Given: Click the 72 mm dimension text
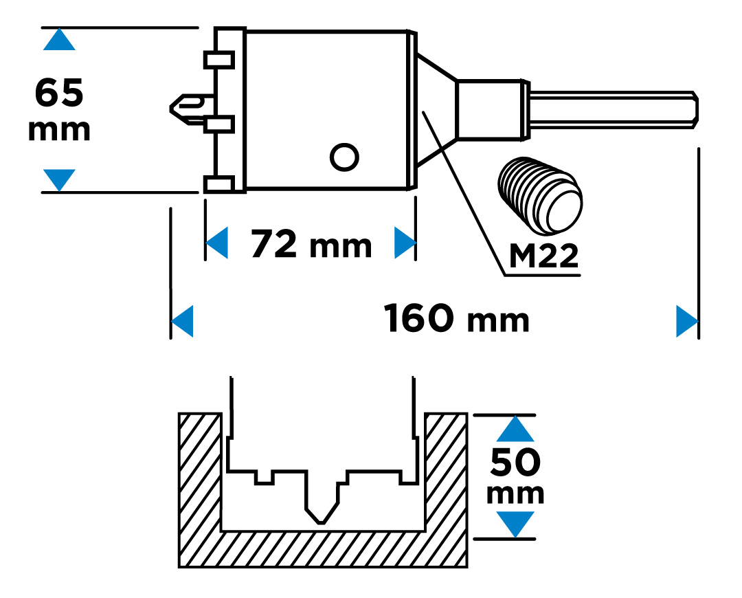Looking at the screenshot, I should pos(311,244).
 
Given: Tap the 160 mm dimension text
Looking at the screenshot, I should pos(457,320).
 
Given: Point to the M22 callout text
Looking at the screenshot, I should pos(543,257).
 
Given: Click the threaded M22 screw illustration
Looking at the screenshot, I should pos(541,196).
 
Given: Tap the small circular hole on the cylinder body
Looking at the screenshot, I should pos(344,157).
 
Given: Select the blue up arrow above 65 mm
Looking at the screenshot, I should pos(59,40).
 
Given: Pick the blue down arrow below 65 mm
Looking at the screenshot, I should pos(59,179).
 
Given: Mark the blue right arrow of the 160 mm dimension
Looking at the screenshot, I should pos(686,321).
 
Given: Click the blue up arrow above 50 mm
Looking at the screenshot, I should pos(515,430).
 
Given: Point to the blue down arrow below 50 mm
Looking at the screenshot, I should pos(515,524).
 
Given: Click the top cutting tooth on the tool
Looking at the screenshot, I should pos(219,60).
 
